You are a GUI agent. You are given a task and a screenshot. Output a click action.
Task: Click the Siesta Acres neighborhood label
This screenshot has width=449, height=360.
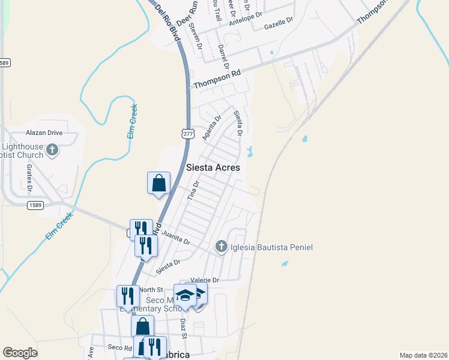213,167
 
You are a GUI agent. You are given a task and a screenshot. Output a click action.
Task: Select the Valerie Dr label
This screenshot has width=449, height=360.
205,280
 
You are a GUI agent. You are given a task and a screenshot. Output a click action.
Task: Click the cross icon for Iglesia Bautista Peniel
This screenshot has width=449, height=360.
221,247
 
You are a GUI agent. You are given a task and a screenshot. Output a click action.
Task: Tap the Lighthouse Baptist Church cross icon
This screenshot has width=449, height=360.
52,149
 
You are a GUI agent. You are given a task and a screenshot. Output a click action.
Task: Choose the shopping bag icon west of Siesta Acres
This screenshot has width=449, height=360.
159,182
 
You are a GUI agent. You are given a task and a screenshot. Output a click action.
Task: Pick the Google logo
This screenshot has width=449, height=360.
20,353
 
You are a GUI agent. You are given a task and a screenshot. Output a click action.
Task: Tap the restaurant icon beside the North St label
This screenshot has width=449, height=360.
127,296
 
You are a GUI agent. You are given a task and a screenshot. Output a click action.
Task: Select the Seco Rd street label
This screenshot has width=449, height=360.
119,347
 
